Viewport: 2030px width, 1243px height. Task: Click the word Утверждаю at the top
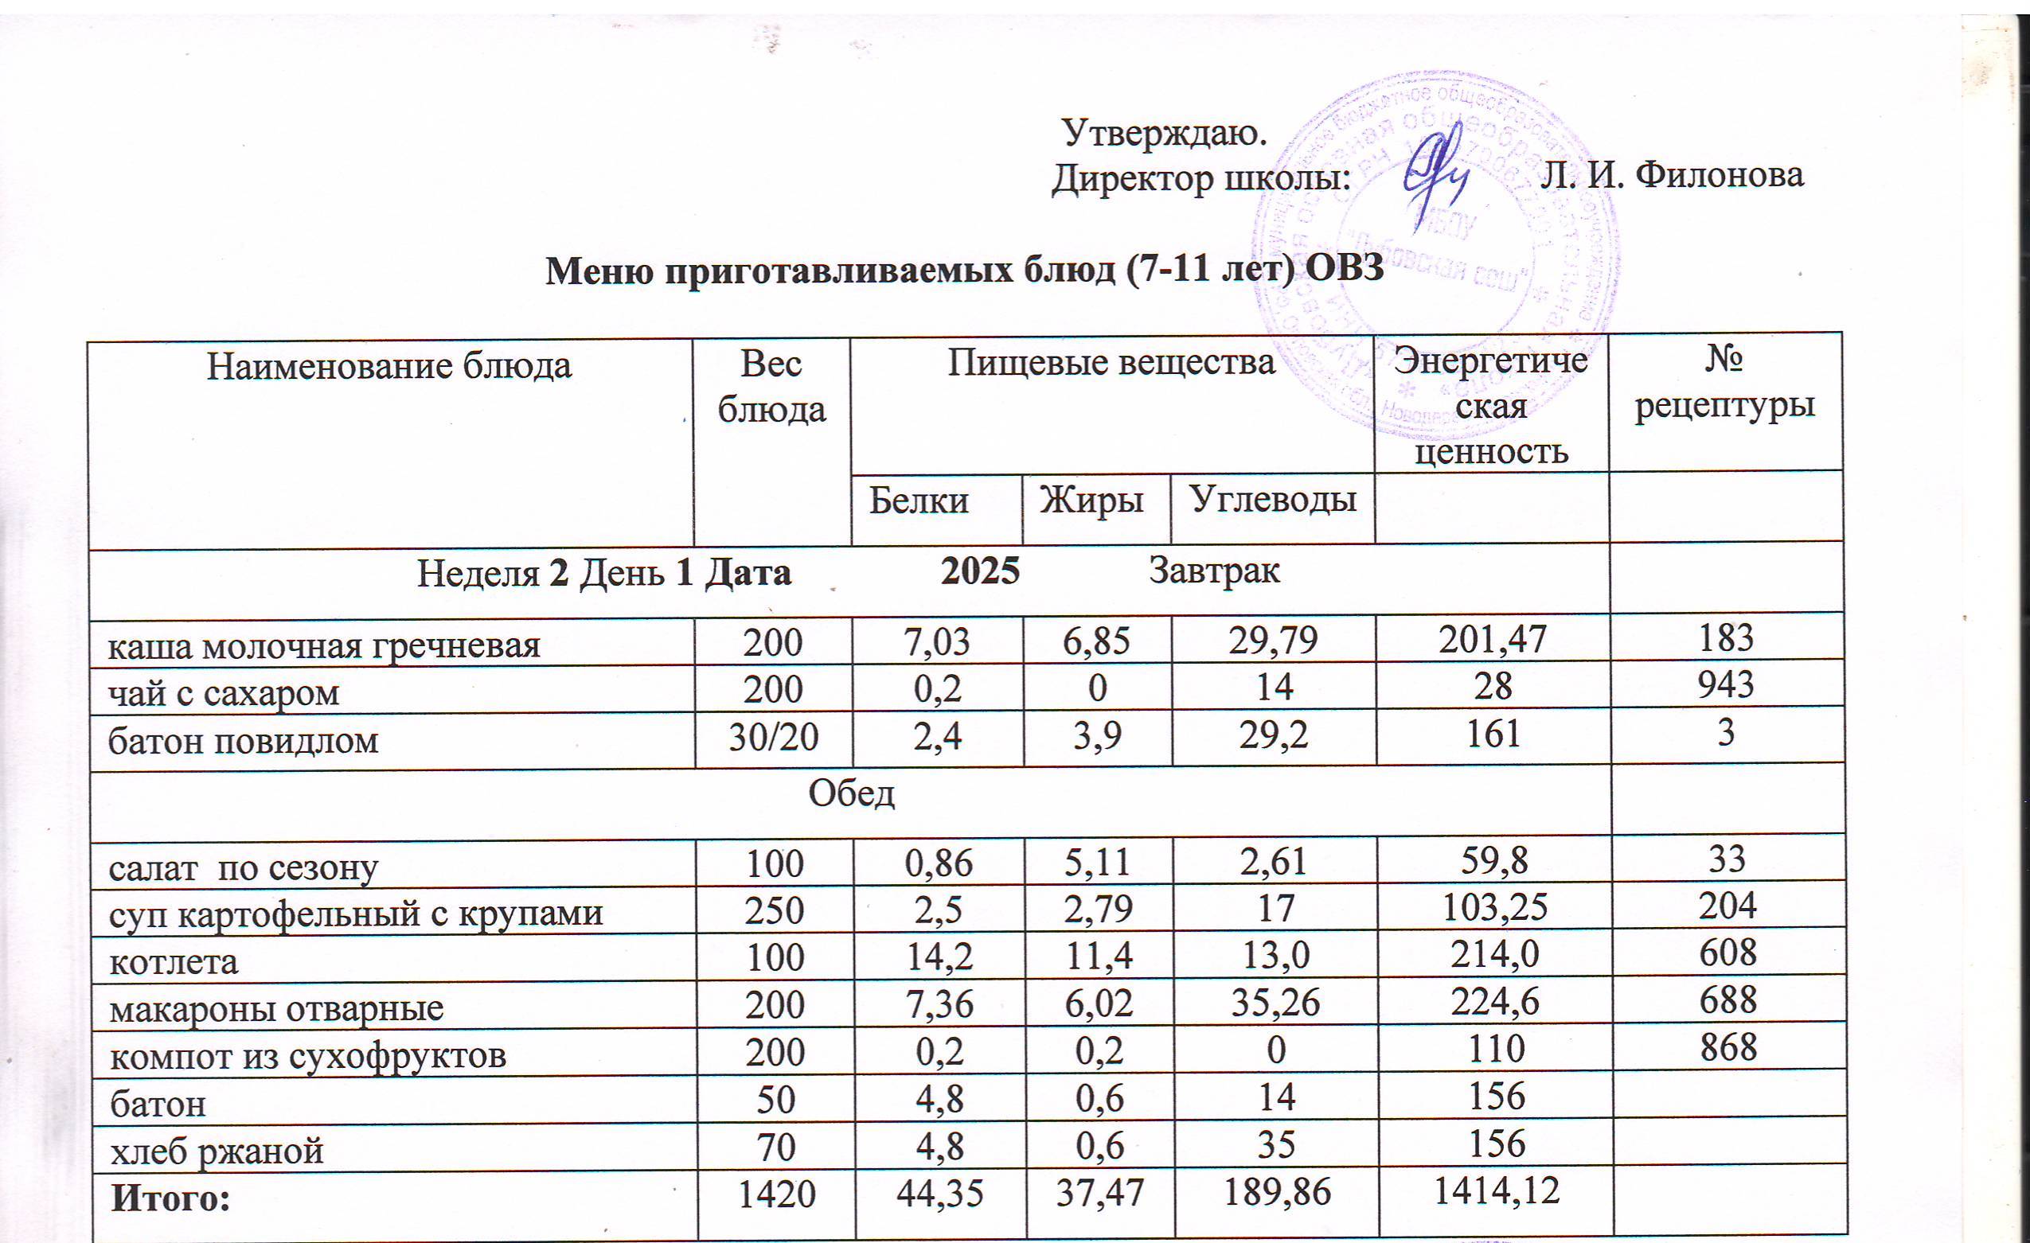pyautogui.click(x=1163, y=132)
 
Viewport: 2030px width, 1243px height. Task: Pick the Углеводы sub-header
pyautogui.click(x=1272, y=499)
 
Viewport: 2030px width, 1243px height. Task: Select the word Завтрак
pyautogui.click(x=1214, y=571)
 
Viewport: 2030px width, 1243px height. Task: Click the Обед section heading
pyautogui.click(x=851, y=793)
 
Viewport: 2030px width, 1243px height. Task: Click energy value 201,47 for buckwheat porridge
pyautogui.click(x=1492, y=640)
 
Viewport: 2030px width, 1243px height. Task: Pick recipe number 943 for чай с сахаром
pyautogui.click(x=1726, y=684)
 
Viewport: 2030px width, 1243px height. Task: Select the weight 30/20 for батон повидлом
pyautogui.click(x=773, y=736)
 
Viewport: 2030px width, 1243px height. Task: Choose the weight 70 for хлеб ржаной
pyautogui.click(x=773, y=1146)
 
